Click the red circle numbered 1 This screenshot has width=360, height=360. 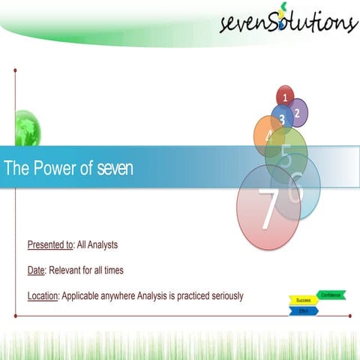(x=285, y=96)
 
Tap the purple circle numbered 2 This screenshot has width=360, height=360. (x=298, y=112)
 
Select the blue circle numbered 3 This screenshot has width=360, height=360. (x=282, y=119)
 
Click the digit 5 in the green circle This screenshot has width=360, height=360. (x=286, y=155)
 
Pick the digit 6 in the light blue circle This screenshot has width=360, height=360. (x=297, y=187)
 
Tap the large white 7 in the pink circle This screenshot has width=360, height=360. (x=268, y=209)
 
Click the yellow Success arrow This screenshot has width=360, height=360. (x=303, y=300)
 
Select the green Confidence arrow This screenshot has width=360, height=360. (x=331, y=295)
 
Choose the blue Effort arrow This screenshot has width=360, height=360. (x=304, y=310)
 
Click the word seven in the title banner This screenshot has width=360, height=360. (x=115, y=169)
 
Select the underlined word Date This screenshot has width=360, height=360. (x=37, y=270)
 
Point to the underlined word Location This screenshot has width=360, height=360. (x=43, y=295)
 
